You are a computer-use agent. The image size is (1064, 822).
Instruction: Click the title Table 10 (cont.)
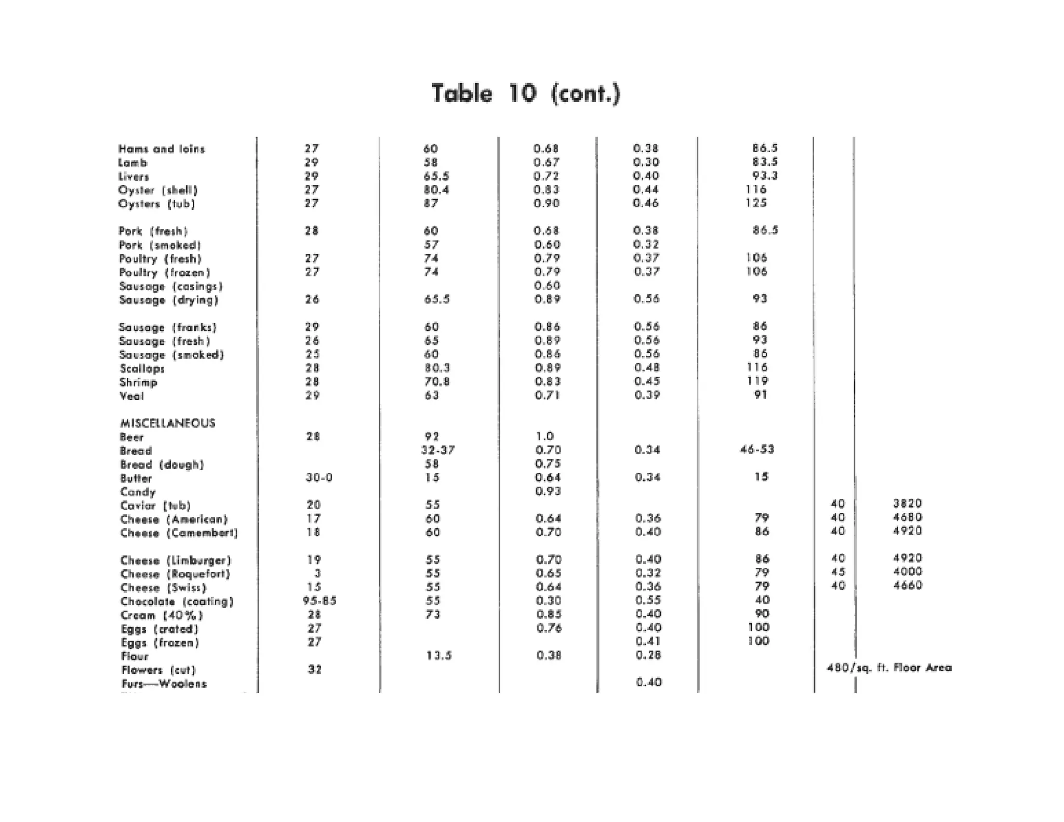[x=526, y=94]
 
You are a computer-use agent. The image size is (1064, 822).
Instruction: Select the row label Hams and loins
[x=162, y=149]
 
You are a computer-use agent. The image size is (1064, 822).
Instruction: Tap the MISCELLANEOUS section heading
[x=167, y=423]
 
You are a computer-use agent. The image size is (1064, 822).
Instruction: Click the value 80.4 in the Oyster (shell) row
[x=436, y=190]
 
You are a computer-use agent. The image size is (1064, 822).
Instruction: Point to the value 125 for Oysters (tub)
[x=756, y=203]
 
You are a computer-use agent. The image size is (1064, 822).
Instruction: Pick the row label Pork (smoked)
[x=159, y=245]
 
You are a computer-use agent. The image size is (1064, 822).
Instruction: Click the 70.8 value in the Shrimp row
[x=436, y=381]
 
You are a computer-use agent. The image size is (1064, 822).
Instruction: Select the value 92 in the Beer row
[x=432, y=436]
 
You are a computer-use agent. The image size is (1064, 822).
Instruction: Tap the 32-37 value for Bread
[x=437, y=450]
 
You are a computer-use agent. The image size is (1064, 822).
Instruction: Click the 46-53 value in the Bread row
[x=757, y=449]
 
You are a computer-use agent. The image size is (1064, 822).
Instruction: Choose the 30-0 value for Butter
[x=318, y=478]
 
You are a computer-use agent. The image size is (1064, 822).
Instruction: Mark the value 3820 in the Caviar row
[x=907, y=503]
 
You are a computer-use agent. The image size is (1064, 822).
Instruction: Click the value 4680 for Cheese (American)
[x=907, y=517]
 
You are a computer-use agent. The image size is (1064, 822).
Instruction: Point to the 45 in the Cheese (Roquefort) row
[x=837, y=572]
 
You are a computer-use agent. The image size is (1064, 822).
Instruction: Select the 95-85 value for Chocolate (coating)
[x=320, y=601]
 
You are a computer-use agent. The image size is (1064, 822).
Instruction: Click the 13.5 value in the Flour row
[x=438, y=656]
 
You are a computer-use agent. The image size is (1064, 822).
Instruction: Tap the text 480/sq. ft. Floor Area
[x=889, y=668]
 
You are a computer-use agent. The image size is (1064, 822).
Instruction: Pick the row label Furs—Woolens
[x=164, y=684]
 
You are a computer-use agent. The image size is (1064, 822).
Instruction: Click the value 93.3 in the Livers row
[x=765, y=176]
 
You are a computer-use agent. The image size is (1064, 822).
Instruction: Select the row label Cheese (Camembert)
[x=179, y=533]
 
